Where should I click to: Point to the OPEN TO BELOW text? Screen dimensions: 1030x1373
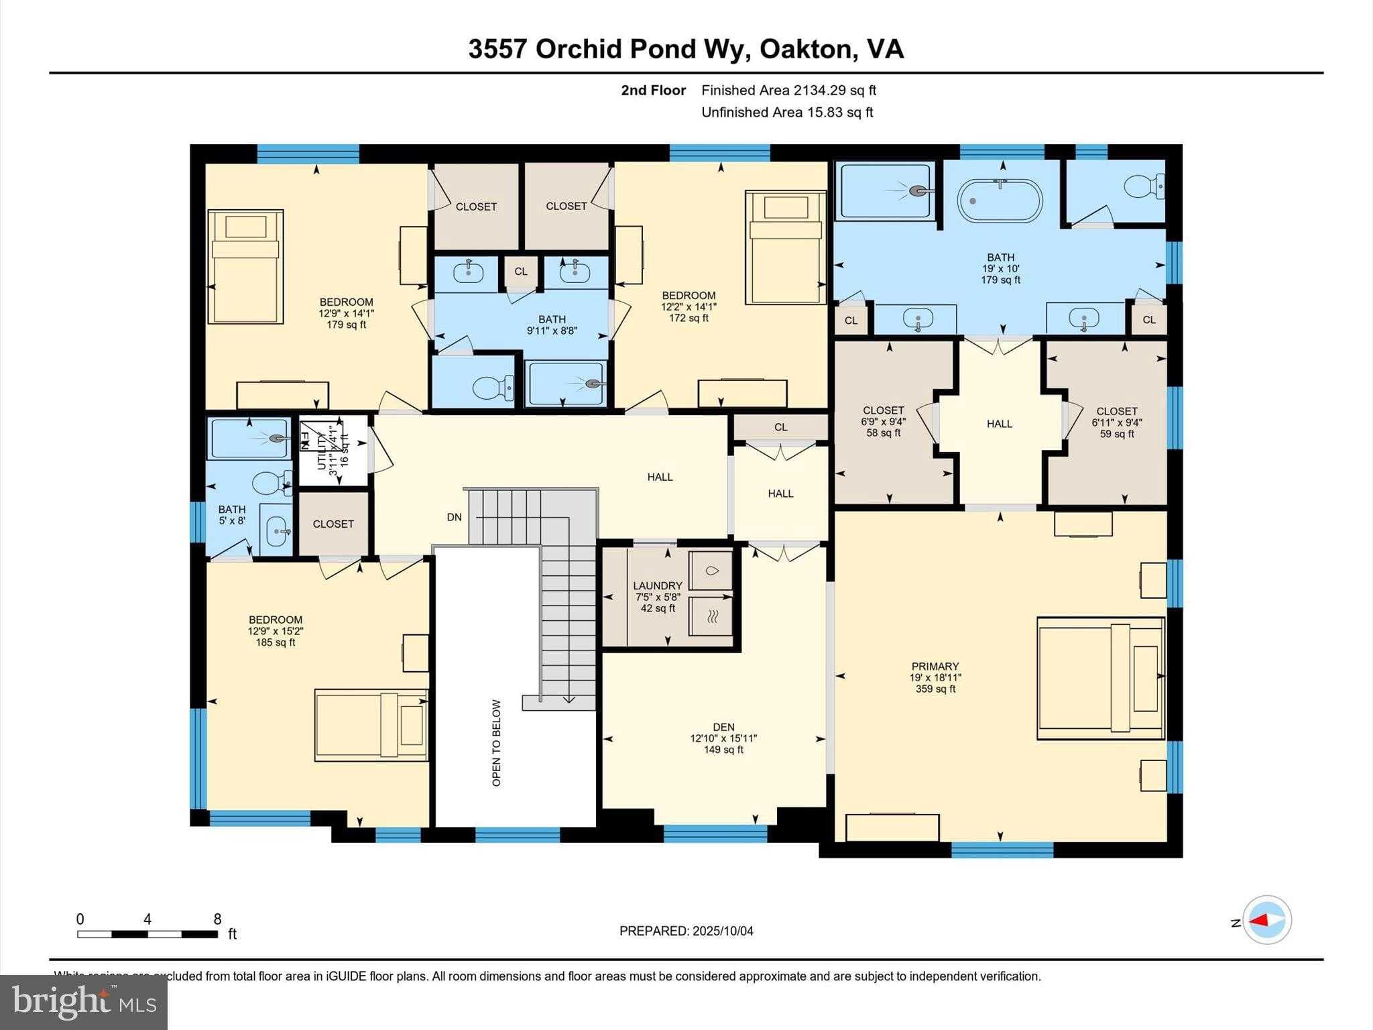(496, 742)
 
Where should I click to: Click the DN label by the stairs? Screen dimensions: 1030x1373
(455, 517)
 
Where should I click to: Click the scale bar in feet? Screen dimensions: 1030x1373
(147, 933)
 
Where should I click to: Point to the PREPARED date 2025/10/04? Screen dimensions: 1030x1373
(686, 931)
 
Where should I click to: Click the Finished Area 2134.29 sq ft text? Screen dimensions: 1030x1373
(788, 90)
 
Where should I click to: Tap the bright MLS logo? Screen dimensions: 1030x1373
(83, 1002)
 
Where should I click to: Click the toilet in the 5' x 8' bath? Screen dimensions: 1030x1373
(272, 482)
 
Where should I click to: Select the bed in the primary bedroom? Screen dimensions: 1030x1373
(1099, 678)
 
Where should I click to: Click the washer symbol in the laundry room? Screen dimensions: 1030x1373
(711, 571)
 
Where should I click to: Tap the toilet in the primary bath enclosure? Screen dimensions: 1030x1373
(1143, 186)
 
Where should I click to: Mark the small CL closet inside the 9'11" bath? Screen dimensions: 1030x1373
(521, 272)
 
